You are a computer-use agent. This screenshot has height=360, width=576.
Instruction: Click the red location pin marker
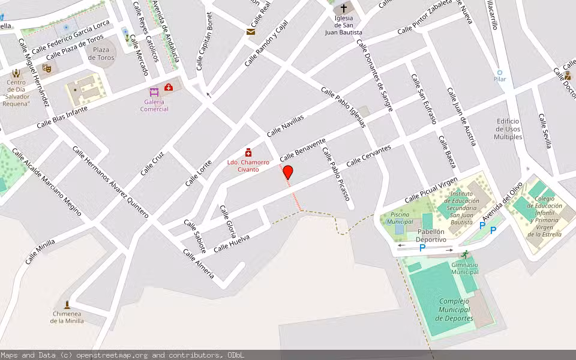click(288, 172)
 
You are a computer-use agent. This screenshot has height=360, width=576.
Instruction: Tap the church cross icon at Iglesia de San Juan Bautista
click(344, 9)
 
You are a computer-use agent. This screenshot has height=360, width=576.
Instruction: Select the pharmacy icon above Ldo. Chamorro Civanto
click(248, 154)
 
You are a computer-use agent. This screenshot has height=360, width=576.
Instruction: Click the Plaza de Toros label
click(101, 54)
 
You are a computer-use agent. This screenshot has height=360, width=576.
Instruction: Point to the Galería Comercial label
click(154, 105)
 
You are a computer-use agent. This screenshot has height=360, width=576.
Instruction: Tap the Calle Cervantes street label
click(368, 155)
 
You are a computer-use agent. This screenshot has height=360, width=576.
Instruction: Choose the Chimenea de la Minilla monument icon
click(67, 304)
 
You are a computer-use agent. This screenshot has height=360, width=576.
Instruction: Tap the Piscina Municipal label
click(400, 218)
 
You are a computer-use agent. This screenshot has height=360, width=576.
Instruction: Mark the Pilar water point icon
click(499, 73)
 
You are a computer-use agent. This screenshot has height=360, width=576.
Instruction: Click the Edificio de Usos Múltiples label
click(508, 129)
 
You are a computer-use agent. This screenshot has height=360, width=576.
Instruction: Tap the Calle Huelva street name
click(231, 243)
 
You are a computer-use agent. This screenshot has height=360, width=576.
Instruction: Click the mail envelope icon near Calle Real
click(251, 32)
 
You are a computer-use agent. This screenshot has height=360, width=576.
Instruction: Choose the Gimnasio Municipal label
click(465, 268)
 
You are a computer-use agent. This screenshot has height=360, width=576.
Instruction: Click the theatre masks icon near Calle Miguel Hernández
click(47, 68)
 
